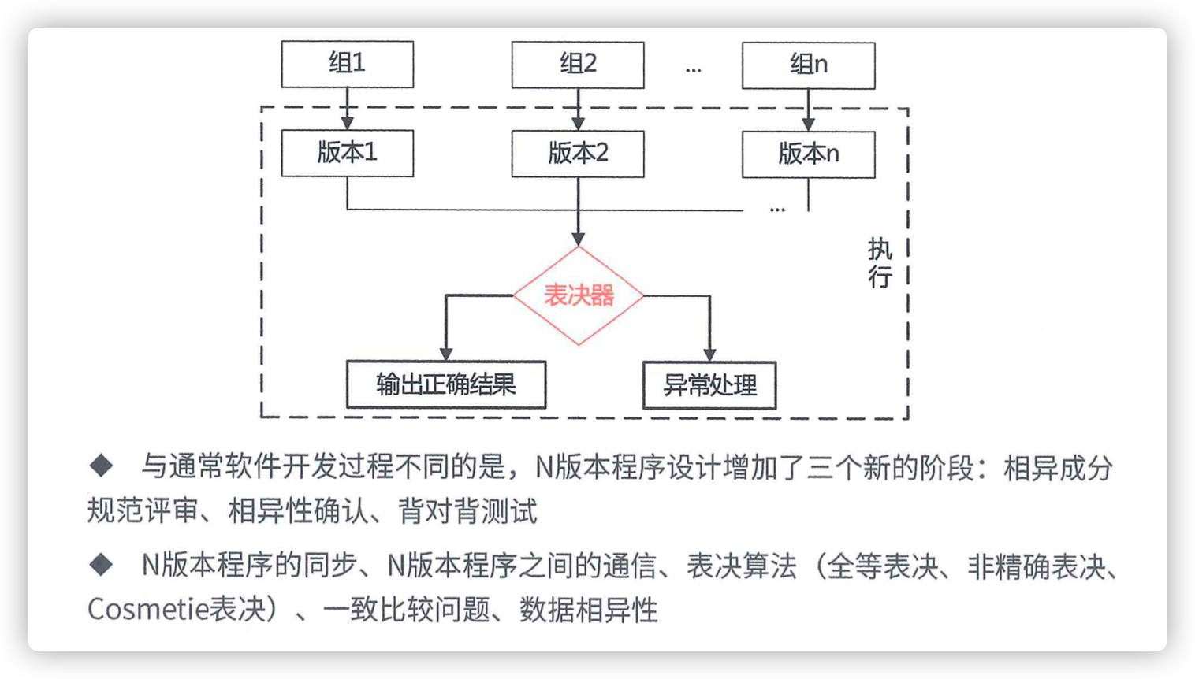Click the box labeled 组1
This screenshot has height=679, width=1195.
[x=348, y=64]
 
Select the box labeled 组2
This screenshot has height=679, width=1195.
[x=578, y=65]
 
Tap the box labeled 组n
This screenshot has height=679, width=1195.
[x=808, y=65]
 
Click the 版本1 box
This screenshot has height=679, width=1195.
[x=348, y=153]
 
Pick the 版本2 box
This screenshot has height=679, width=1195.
[x=578, y=154]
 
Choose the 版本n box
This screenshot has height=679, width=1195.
[x=808, y=154]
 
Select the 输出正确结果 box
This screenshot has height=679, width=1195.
[x=446, y=385]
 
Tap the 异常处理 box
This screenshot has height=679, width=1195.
[x=709, y=385]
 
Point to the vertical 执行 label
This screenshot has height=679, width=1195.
[x=880, y=263]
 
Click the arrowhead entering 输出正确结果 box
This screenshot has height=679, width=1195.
[x=446, y=354]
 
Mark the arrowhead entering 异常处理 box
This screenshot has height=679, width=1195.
[x=709, y=355]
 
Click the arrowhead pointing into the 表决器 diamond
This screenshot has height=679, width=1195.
[x=579, y=239]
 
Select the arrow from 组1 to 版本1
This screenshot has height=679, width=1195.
[x=348, y=109]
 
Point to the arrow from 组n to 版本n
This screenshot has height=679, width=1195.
[x=808, y=110]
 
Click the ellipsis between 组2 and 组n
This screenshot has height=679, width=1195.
[x=693, y=69]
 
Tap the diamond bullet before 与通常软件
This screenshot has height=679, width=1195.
[x=102, y=466]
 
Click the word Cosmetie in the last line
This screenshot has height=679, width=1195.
[x=147, y=609]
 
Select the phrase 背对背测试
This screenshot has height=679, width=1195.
[x=467, y=511]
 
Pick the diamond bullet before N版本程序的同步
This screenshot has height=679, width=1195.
[x=102, y=565]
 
